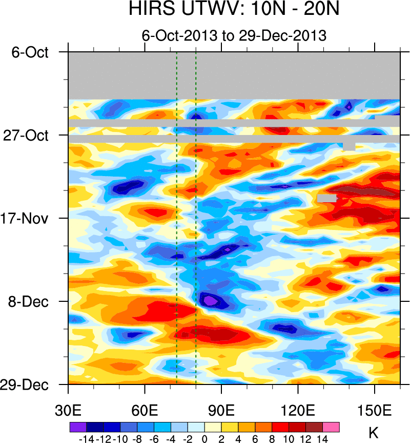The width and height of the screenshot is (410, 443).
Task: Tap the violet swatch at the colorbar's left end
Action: [x=78, y=427]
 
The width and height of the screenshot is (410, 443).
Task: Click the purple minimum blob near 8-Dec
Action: [x=209, y=299]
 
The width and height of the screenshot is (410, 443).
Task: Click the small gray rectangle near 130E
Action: [x=326, y=198]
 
